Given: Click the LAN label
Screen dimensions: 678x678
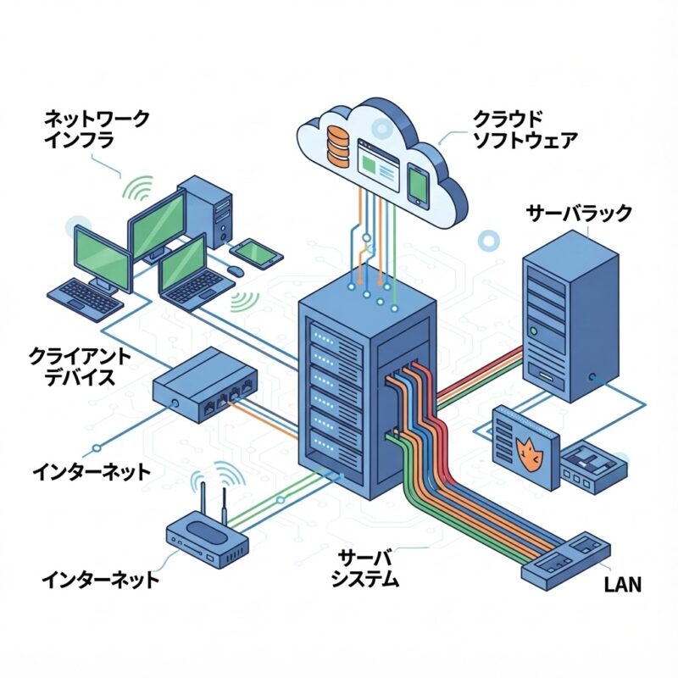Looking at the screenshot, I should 623,584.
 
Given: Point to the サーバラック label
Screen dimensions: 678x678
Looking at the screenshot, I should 578,213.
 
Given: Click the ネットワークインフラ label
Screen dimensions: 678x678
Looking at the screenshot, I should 95,129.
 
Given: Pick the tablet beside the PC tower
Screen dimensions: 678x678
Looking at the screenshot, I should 253,251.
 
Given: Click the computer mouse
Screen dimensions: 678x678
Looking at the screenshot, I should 234,270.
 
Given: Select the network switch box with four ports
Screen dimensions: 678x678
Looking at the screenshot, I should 204,386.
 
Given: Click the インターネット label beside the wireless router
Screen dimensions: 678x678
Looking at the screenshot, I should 100,581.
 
